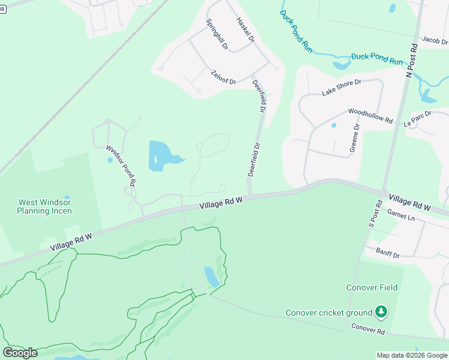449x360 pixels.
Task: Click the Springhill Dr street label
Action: click(x=217, y=34)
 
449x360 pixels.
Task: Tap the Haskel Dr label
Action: click(x=246, y=29)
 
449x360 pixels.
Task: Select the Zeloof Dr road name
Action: click(x=224, y=77)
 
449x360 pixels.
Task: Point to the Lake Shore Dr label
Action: click(x=341, y=88)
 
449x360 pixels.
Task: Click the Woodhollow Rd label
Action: click(x=370, y=116)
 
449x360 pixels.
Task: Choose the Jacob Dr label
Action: click(x=435, y=41)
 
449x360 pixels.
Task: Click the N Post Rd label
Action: click(x=411, y=60)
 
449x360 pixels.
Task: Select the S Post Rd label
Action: click(x=375, y=214)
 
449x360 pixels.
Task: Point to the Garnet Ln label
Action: click(x=401, y=215)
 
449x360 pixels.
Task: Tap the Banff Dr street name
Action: click(x=387, y=253)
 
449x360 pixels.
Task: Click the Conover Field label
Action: click(x=372, y=287)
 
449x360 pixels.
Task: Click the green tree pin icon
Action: click(x=380, y=312)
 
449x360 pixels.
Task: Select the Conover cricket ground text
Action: click(x=329, y=313)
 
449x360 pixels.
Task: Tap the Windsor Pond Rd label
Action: click(x=121, y=164)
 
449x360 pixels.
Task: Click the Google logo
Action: click(x=20, y=353)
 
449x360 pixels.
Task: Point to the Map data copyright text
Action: click(x=412, y=355)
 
